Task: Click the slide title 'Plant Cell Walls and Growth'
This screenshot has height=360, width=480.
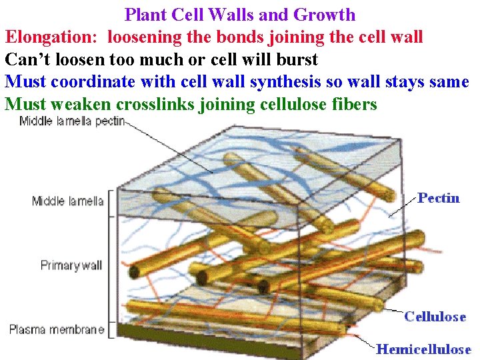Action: pos(240,14)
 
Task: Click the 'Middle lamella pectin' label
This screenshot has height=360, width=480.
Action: pos(72,121)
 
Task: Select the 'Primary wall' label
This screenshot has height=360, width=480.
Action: pos(71,265)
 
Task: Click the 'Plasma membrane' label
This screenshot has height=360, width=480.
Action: pos(57,329)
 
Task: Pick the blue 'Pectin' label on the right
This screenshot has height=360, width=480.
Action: pos(438,198)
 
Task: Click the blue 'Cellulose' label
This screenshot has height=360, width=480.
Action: pos(435,317)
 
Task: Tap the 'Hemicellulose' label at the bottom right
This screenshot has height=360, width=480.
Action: pos(423,349)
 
